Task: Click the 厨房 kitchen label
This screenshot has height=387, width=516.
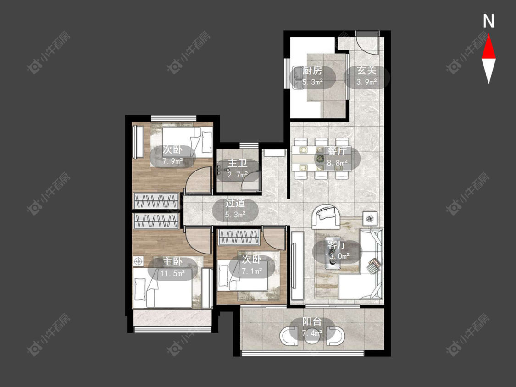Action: tap(312, 71)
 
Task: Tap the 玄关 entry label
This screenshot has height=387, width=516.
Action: tap(366, 71)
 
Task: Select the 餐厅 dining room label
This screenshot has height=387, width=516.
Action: tap(337, 151)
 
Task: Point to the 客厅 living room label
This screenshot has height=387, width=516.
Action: tap(337, 244)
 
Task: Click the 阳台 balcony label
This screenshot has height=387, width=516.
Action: tap(312, 322)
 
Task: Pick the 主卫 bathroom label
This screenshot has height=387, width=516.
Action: tap(238, 164)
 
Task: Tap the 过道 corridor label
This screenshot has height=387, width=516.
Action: tap(235, 203)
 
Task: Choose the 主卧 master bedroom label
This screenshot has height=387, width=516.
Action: tap(172, 262)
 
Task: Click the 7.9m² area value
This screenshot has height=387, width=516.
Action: tap(173, 161)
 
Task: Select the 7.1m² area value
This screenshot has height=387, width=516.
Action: tap(252, 271)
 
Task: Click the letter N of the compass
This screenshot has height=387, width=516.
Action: tap(488, 21)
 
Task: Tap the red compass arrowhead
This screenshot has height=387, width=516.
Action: tap(488, 47)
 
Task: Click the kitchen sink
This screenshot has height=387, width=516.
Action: tap(298, 77)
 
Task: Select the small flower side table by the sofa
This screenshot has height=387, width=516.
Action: tap(370, 218)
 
